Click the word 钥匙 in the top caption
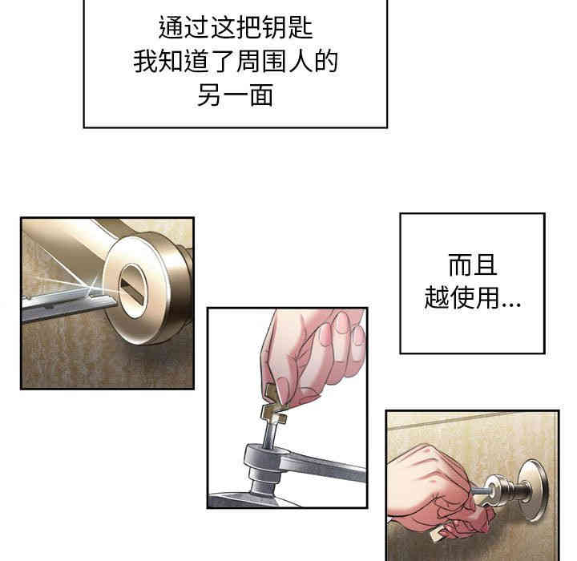pos(290,29)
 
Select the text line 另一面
pos(235,95)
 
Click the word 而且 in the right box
pos(473,266)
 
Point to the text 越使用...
pos(461,299)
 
